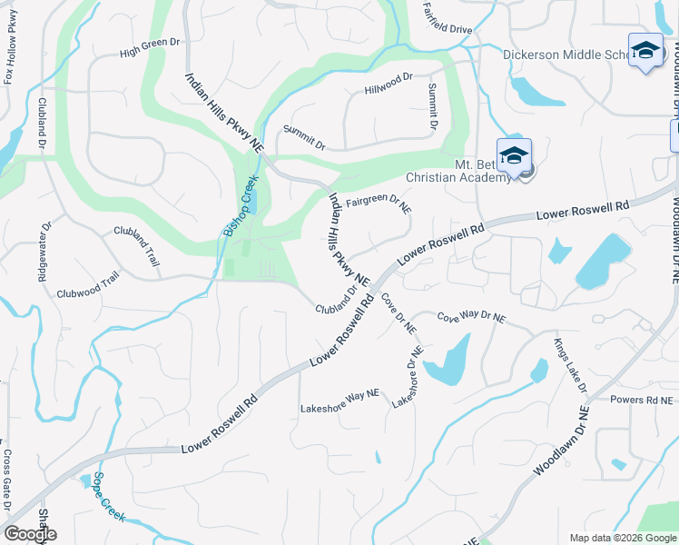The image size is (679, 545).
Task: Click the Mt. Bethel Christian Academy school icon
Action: pyautogui.click(x=514, y=155)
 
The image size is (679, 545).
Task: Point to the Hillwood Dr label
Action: pyautogui.click(x=389, y=84)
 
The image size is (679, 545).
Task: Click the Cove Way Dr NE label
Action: pyautogui.click(x=471, y=319)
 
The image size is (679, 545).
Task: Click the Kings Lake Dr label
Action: pyautogui.click(x=571, y=365)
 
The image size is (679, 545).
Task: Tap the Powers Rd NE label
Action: pyautogui.click(x=642, y=400)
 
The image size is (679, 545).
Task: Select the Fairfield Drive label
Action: pyautogui.click(x=448, y=30)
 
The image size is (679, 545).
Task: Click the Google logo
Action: pyautogui.click(x=30, y=534)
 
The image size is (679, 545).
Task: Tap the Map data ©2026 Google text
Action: pyautogui.click(x=622, y=537)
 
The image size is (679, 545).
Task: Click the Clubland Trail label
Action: pyautogui.click(x=137, y=245)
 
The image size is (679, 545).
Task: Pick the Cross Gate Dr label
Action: pyautogui.click(x=6, y=480)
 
